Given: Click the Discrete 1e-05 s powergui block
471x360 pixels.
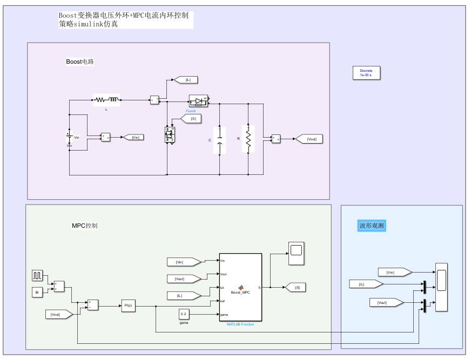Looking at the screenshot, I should [366, 73].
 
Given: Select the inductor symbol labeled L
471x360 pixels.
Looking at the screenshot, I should [107, 99].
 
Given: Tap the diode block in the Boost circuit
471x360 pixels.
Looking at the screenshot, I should [198, 100].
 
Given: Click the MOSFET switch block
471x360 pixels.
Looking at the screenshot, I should [170, 135].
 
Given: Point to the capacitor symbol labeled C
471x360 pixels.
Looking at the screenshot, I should [220, 140].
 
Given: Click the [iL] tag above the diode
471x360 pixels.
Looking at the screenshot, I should [186, 80].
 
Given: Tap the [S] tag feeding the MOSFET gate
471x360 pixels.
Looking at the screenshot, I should [192, 119].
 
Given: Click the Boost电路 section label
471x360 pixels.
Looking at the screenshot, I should [80, 62].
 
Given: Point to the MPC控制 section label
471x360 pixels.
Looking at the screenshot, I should [85, 226].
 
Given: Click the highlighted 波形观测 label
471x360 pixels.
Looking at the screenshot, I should [372, 226].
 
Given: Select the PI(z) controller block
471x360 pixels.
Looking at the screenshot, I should [129, 305].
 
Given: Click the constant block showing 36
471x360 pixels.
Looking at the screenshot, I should [37, 293].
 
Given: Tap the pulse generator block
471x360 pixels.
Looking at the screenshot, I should [37, 276].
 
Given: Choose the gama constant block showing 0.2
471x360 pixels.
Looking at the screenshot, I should [184, 314].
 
